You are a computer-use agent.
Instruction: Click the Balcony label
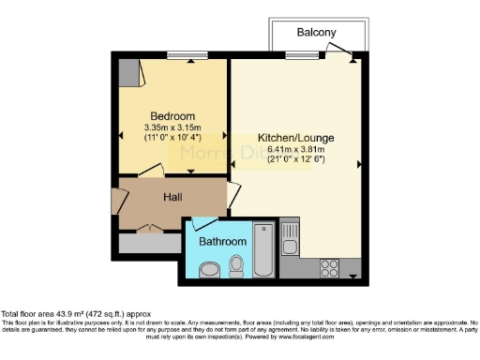(x=316, y=32)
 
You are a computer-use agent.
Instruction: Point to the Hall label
(x=172, y=197)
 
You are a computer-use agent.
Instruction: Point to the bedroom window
(x=180, y=55)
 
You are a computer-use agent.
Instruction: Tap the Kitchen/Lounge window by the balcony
(x=299, y=55)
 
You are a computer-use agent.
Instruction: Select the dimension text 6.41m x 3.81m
(x=295, y=149)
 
